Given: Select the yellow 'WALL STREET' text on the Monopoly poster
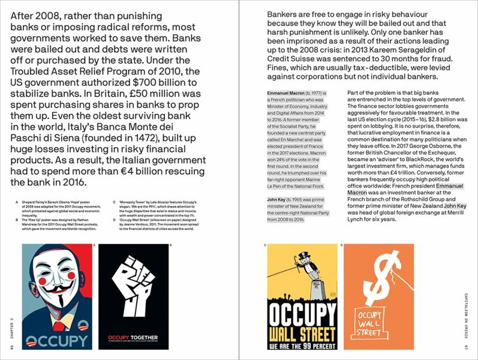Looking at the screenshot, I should click(x=301, y=333).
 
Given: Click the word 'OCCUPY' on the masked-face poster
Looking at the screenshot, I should click(x=58, y=340).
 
